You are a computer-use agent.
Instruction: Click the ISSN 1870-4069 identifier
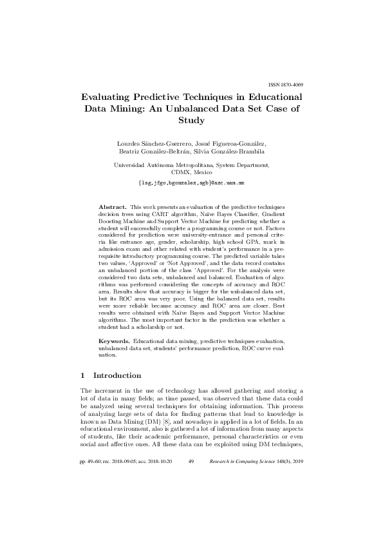click(285, 84)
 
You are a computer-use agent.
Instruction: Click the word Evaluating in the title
click(113, 97)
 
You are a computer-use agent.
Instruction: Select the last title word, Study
click(191, 121)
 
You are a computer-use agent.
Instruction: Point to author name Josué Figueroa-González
click(236, 143)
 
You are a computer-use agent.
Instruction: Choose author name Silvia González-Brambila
click(229, 152)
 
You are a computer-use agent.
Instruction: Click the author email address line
click(191, 183)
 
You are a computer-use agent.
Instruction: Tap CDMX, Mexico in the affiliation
click(191, 173)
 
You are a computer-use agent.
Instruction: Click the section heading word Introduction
click(118, 375)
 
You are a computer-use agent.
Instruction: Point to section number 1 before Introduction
click(82, 375)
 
